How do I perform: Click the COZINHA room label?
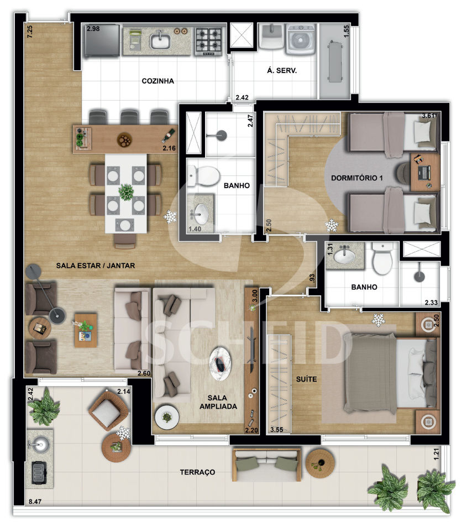tap(158, 81)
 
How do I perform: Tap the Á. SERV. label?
tap(281, 70)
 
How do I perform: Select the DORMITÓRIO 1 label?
tap(357, 178)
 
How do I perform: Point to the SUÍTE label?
tap(307, 379)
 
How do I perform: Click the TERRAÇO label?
tap(198, 472)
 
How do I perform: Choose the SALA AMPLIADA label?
tap(218, 402)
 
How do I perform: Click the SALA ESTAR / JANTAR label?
tap(96, 266)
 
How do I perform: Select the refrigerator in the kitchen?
tap(102, 40)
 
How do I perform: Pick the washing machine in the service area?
tap(301, 39)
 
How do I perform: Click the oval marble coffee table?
tap(221, 363)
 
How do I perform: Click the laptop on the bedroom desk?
tap(423, 173)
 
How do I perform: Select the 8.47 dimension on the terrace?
tap(35, 502)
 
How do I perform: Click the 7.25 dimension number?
tap(30, 32)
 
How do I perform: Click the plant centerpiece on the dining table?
tap(126, 192)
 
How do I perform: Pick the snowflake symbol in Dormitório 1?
tap(332, 225)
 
